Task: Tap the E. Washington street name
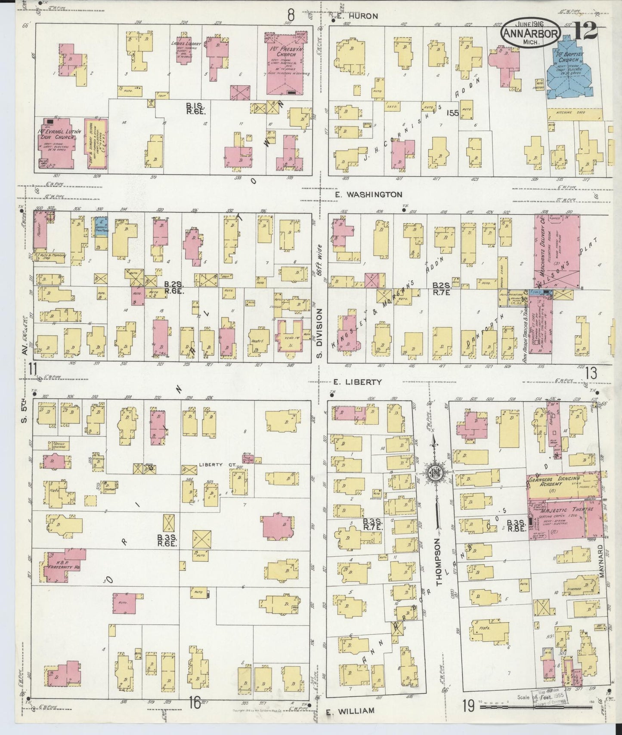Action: [x=368, y=195]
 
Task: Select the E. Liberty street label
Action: [x=359, y=382]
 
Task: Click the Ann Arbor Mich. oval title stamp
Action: [x=530, y=34]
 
